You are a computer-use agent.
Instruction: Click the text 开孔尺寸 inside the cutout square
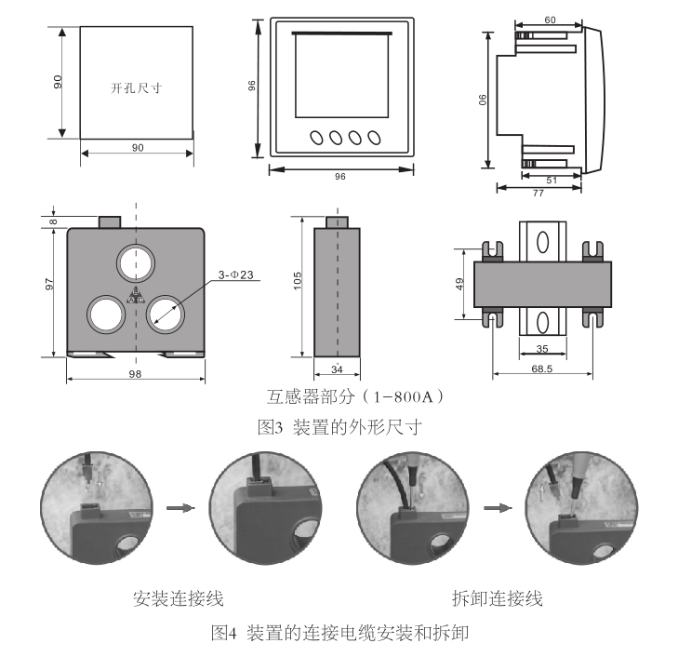point(136,88)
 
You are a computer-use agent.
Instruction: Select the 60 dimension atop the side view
point(550,20)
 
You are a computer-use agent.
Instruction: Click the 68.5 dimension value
point(539,370)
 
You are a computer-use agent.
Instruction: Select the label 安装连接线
point(179,596)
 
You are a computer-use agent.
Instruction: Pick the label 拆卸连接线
point(496,596)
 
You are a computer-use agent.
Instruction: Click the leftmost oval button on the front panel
point(316,138)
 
